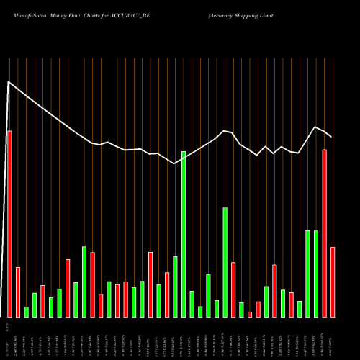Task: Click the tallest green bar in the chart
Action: [x=184, y=234]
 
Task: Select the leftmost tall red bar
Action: [x=9, y=224]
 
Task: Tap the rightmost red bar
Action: [x=333, y=282]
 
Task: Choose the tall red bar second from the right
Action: [x=325, y=233]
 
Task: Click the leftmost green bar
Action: [x=26, y=312]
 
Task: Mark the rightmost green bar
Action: [x=316, y=274]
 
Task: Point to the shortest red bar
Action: [x=250, y=314]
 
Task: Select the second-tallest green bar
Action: [x=225, y=262]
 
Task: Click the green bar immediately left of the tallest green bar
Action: [x=175, y=287]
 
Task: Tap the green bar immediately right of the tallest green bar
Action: [x=192, y=304]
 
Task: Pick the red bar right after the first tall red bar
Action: [x=17, y=292]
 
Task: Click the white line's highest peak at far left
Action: [x=9, y=82]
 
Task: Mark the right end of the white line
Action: [x=331, y=136]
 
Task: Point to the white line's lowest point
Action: [x=175, y=163]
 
